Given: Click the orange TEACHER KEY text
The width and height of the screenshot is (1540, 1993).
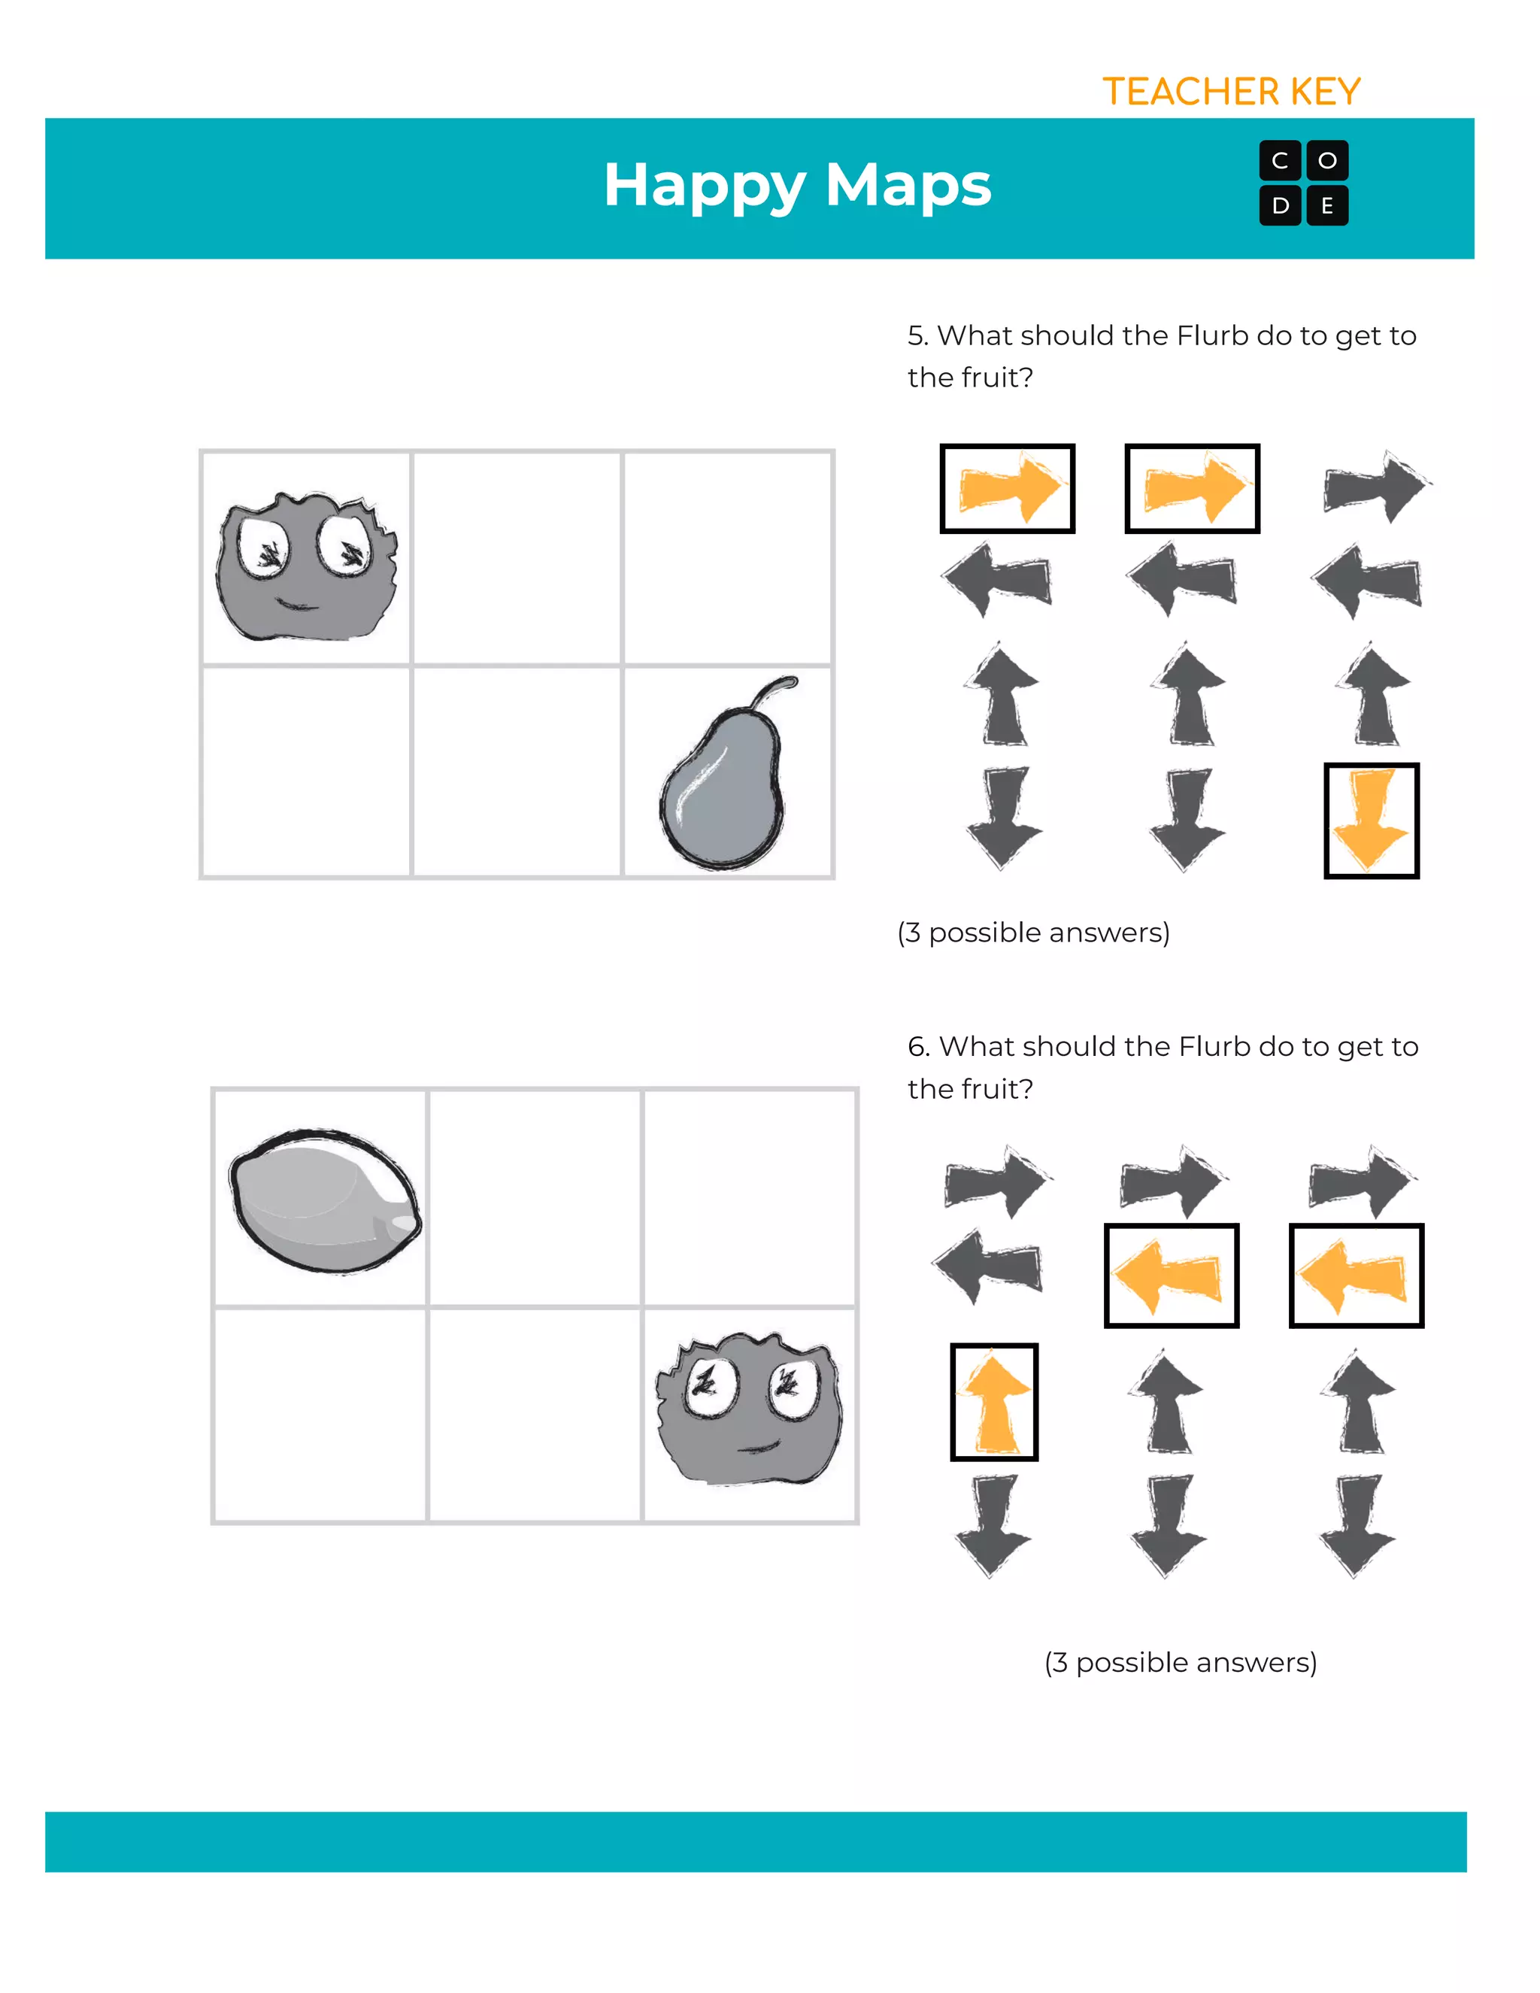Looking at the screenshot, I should [x=1231, y=93].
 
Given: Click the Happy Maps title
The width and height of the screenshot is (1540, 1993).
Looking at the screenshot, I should [x=796, y=184].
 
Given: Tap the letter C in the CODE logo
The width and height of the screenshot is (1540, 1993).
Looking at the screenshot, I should [x=1280, y=161].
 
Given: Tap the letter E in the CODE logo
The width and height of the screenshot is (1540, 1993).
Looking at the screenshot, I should [x=1326, y=206].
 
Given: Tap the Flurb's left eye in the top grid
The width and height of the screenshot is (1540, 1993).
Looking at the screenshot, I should [x=265, y=548].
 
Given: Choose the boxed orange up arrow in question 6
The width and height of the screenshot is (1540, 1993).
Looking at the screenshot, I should [x=993, y=1402].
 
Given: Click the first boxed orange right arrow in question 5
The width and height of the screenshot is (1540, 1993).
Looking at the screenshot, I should [x=1007, y=488].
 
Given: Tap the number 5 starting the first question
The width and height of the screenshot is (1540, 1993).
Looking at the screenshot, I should [x=917, y=336].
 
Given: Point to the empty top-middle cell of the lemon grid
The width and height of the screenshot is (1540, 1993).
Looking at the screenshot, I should [x=535, y=1197].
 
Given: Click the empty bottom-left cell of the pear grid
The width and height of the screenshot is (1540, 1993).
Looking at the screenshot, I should [x=305, y=772].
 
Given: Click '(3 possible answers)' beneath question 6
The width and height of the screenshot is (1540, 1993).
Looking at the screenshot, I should [x=1180, y=1662].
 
